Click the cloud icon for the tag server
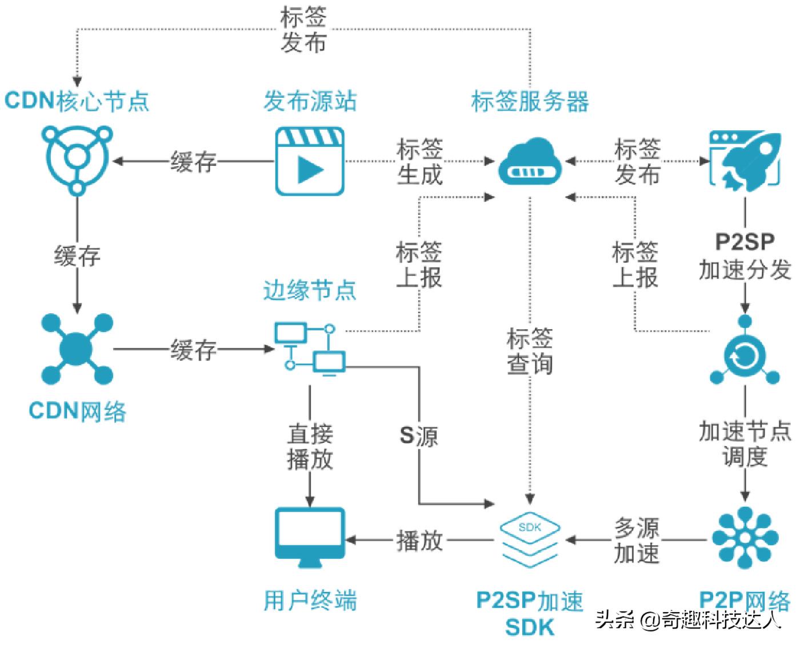click(x=530, y=162)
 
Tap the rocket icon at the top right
click(x=745, y=159)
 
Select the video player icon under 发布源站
click(x=310, y=162)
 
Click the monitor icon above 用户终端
click(x=310, y=538)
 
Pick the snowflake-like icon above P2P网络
click(x=745, y=538)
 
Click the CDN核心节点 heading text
click(x=77, y=101)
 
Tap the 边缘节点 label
click(x=310, y=290)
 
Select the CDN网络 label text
click(x=78, y=410)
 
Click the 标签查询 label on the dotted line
click(x=530, y=351)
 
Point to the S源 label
click(x=419, y=436)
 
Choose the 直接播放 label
click(x=310, y=446)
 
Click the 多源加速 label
click(x=637, y=540)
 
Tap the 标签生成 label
click(x=420, y=162)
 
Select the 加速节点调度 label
click(x=745, y=443)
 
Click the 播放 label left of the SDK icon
click(x=420, y=540)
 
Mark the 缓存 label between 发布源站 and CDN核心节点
click(x=194, y=162)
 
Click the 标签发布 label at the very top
click(x=303, y=30)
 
